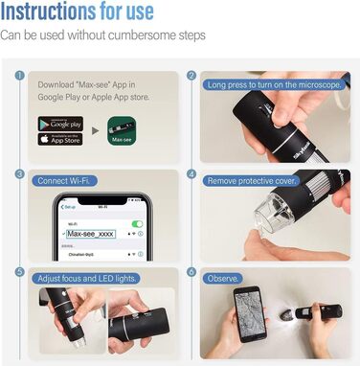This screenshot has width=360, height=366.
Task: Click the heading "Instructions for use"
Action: click(91, 13)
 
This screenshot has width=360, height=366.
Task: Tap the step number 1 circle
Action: click(19, 76)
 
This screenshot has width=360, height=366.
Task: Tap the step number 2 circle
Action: click(191, 76)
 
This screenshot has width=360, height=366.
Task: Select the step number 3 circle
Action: click(19, 174)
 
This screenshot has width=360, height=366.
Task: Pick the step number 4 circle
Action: click(191, 174)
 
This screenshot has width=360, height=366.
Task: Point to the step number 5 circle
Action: click(19, 272)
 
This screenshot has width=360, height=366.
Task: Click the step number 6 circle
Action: click(191, 272)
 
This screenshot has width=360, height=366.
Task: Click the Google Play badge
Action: click(60, 124)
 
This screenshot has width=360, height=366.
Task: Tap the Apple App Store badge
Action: click(60, 140)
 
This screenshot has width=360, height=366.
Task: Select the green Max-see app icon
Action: click(121, 131)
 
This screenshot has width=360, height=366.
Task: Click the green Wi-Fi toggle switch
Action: click(136, 222)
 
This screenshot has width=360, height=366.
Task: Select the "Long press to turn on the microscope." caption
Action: click(273, 84)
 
